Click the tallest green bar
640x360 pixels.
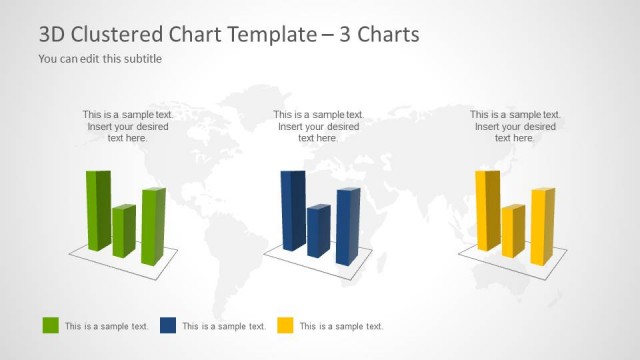97,210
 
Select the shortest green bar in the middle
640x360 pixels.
123,231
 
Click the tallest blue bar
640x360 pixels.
292,210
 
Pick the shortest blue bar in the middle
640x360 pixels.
318,231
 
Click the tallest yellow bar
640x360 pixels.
486,210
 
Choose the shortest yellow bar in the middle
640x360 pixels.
512,231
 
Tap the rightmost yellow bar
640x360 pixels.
541,226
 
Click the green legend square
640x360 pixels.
50,325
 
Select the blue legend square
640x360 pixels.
167,325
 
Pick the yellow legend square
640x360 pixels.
285,325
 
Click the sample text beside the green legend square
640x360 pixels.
107,326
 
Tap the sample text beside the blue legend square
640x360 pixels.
224,326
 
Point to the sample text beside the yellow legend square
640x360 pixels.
341,326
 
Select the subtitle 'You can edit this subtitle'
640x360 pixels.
100,58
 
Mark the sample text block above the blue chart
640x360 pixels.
319,126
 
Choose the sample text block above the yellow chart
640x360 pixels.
515,126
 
